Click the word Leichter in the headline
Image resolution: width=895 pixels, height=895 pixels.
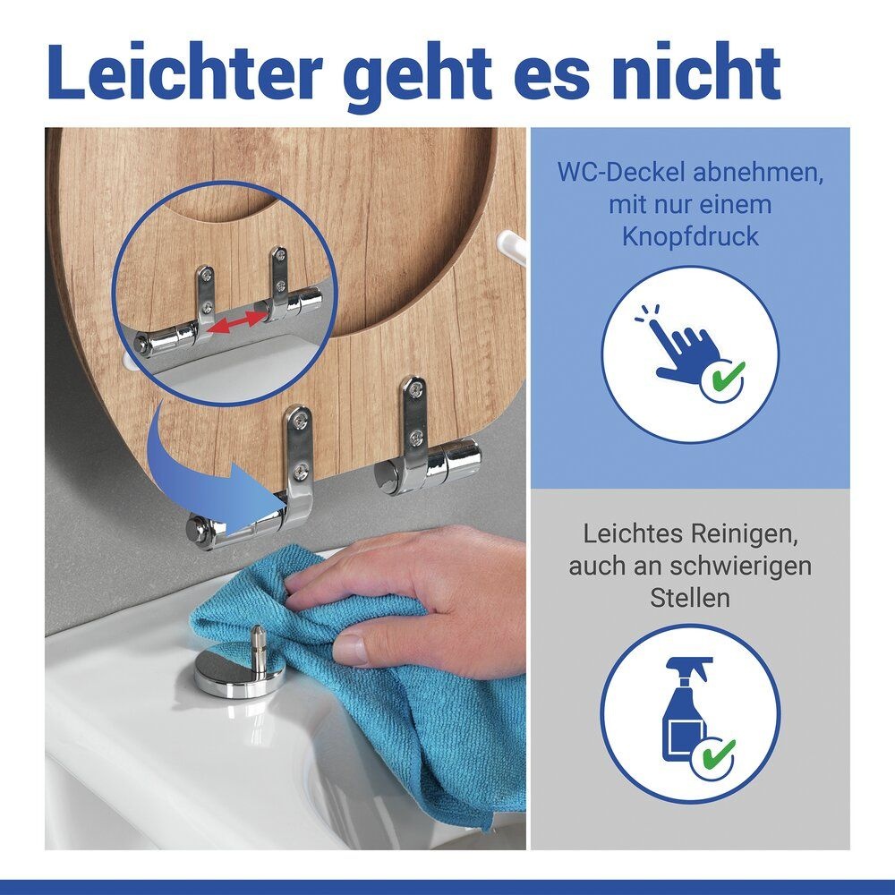[x=185, y=72]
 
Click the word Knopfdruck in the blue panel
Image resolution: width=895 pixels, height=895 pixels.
[x=690, y=237]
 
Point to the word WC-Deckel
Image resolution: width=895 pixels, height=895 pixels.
[x=620, y=173]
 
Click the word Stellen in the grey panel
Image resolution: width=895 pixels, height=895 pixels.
[x=690, y=598]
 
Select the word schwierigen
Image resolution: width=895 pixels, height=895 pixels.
[x=740, y=567]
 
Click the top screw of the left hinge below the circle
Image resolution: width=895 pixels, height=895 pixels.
[x=300, y=422]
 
